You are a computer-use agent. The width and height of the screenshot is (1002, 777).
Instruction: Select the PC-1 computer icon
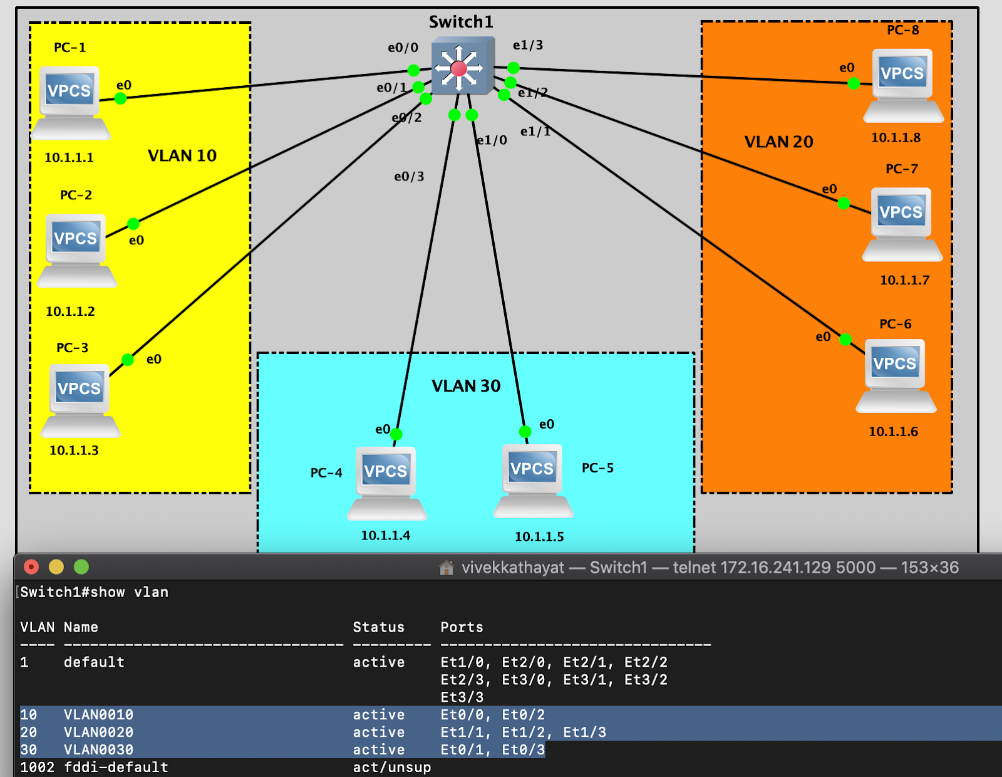tap(70, 102)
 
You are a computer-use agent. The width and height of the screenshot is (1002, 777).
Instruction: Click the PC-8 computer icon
tap(902, 85)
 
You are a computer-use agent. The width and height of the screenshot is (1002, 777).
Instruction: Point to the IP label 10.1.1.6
tap(893, 432)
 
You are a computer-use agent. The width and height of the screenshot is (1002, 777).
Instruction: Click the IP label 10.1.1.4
tap(385, 536)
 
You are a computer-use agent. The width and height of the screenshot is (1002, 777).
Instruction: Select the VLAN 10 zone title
tap(182, 155)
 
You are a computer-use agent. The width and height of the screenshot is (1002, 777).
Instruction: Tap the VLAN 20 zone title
tap(778, 142)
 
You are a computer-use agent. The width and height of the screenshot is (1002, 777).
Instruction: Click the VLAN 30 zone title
tap(466, 386)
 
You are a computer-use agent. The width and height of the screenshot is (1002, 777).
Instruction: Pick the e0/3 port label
tap(409, 177)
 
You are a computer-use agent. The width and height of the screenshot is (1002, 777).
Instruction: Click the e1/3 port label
tap(528, 45)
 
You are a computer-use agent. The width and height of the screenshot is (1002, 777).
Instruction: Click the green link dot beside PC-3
tap(128, 360)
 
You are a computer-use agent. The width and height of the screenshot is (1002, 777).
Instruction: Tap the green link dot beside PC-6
tap(845, 340)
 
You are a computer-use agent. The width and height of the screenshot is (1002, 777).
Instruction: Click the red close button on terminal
tap(31, 567)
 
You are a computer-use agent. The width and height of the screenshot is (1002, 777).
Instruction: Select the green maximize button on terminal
tap(81, 567)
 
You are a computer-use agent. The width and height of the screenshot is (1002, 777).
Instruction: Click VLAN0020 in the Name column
tap(98, 732)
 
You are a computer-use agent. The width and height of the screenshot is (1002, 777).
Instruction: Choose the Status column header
tap(378, 627)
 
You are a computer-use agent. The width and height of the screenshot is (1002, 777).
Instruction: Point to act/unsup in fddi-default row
tap(391, 767)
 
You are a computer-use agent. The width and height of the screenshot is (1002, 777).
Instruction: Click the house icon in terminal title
tap(447, 568)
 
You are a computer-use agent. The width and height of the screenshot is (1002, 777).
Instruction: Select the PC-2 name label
tap(76, 196)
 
